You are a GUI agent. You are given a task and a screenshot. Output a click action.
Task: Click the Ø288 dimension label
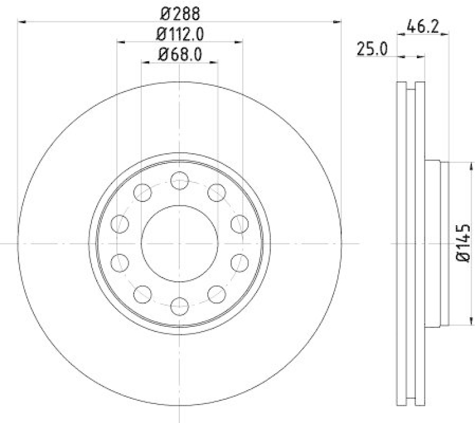179,11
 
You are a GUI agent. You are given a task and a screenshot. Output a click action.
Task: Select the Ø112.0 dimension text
179,34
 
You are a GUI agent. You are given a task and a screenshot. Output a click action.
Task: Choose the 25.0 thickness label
372,49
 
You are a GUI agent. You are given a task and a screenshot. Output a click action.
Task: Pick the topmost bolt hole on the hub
179,179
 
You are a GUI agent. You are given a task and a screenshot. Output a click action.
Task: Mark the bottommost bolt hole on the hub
179,307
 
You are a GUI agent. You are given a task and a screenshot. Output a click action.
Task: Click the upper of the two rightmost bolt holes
239,224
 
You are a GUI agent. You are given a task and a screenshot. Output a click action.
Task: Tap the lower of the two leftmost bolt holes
120,262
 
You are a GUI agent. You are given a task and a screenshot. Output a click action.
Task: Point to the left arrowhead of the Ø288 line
22,21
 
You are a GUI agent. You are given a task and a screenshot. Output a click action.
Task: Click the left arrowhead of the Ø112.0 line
121,42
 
